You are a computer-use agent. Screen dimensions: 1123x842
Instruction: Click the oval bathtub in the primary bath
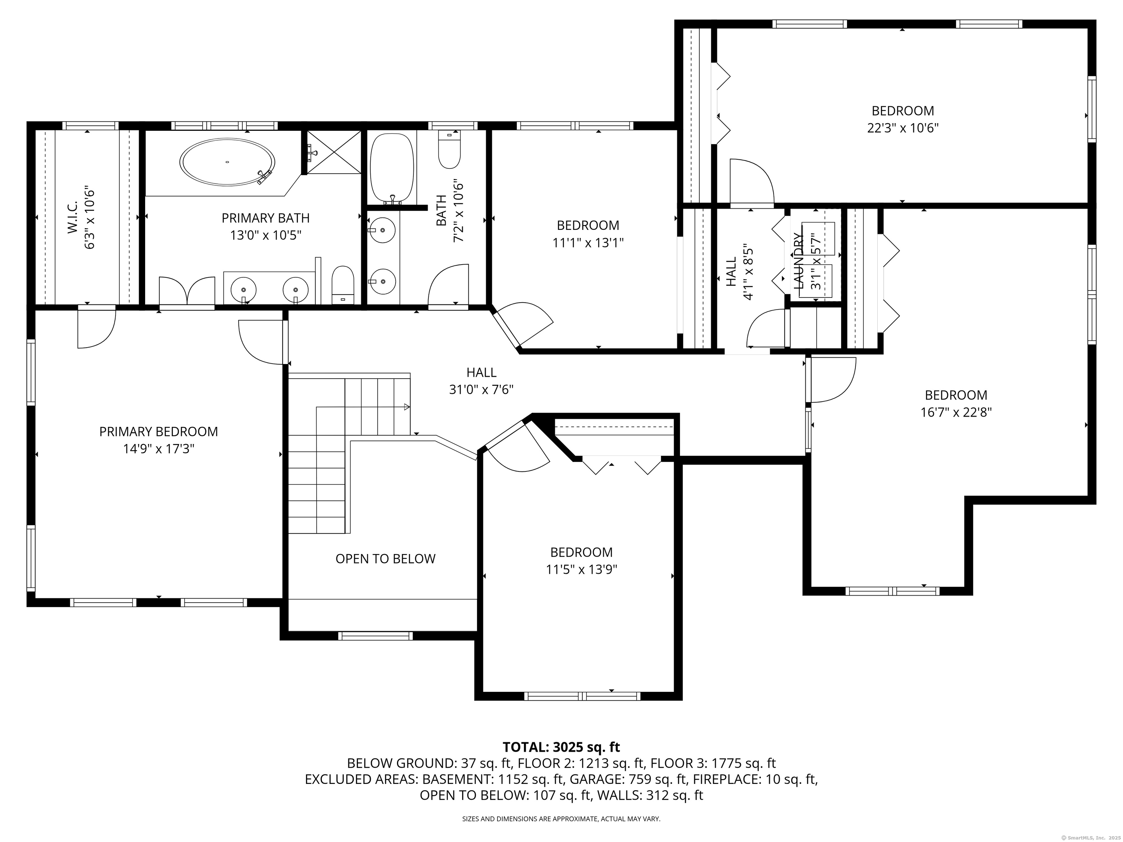click(x=227, y=162)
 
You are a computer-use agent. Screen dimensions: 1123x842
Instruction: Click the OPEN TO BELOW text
click(x=385, y=558)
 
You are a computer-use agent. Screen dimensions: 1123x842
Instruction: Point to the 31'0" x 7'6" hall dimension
click(x=481, y=389)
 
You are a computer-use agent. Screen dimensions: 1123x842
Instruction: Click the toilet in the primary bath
click(x=343, y=285)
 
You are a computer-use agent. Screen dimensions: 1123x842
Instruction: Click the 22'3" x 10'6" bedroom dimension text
click(x=902, y=128)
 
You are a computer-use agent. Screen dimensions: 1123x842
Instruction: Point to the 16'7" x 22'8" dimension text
click(x=956, y=411)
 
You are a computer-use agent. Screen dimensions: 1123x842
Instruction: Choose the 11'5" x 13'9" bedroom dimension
click(x=581, y=569)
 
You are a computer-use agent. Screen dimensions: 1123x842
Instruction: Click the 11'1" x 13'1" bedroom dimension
click(x=588, y=243)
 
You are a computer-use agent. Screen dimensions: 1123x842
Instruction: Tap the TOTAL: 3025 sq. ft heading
click(x=561, y=747)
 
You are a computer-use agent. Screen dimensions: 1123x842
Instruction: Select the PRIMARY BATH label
click(x=265, y=218)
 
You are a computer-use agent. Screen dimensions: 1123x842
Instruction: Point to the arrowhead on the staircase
click(x=407, y=406)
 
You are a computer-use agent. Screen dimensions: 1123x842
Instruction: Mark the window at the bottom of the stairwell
click(x=375, y=636)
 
